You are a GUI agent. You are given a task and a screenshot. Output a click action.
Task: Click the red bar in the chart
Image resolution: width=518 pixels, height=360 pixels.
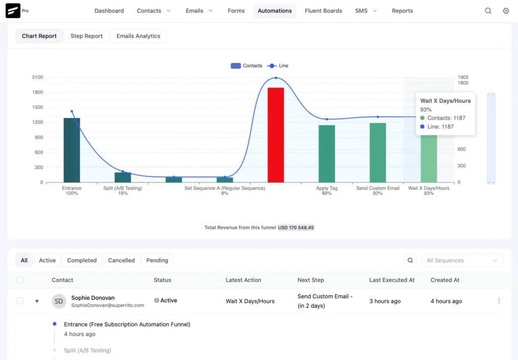tap(275, 135)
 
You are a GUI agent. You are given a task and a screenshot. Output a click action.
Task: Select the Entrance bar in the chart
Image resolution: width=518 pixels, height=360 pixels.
tap(72, 150)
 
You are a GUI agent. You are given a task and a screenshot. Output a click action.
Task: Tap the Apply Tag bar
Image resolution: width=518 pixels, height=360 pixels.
tap(326, 154)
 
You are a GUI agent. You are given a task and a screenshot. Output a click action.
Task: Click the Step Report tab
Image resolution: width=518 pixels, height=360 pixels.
tap(87, 36)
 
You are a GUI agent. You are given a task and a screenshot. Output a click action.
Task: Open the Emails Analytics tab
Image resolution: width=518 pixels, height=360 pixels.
tap(138, 36)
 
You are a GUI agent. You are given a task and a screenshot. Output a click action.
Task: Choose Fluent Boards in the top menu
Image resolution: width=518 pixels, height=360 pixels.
tap(323, 11)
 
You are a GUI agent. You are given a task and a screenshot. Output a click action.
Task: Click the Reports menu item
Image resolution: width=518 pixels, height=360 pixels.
tap(402, 11)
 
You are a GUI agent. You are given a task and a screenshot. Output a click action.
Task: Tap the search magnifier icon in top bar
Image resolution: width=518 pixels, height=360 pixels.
tap(488, 11)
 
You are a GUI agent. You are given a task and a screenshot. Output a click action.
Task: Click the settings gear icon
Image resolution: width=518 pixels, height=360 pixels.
tap(506, 11)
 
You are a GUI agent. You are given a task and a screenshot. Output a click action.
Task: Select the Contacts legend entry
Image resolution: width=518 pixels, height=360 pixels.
tap(247, 66)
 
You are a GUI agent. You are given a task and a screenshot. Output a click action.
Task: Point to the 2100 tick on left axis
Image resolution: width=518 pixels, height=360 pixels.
tap(37, 77)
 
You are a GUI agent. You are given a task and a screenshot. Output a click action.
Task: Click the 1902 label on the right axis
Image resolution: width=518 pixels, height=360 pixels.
tap(462, 77)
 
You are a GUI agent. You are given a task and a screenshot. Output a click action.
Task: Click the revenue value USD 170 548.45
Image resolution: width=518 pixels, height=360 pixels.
tap(296, 228)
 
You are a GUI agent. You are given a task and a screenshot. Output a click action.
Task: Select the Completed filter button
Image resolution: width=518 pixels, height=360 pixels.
tap(82, 260)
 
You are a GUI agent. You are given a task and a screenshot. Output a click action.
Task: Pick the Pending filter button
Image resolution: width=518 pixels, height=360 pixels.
tap(157, 260)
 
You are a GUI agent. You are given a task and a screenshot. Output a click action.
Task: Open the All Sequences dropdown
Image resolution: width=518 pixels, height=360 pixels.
tap(462, 260)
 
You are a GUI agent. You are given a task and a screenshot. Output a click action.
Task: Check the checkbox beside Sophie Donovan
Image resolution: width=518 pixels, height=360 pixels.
tap(20, 301)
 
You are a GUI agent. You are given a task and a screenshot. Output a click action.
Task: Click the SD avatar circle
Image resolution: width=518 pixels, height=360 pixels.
tap(59, 301)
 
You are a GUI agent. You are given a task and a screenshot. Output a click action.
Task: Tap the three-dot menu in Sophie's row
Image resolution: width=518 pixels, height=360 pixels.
tap(499, 301)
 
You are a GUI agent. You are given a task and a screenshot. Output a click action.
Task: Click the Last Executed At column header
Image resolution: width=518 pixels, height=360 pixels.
tap(392, 280)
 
